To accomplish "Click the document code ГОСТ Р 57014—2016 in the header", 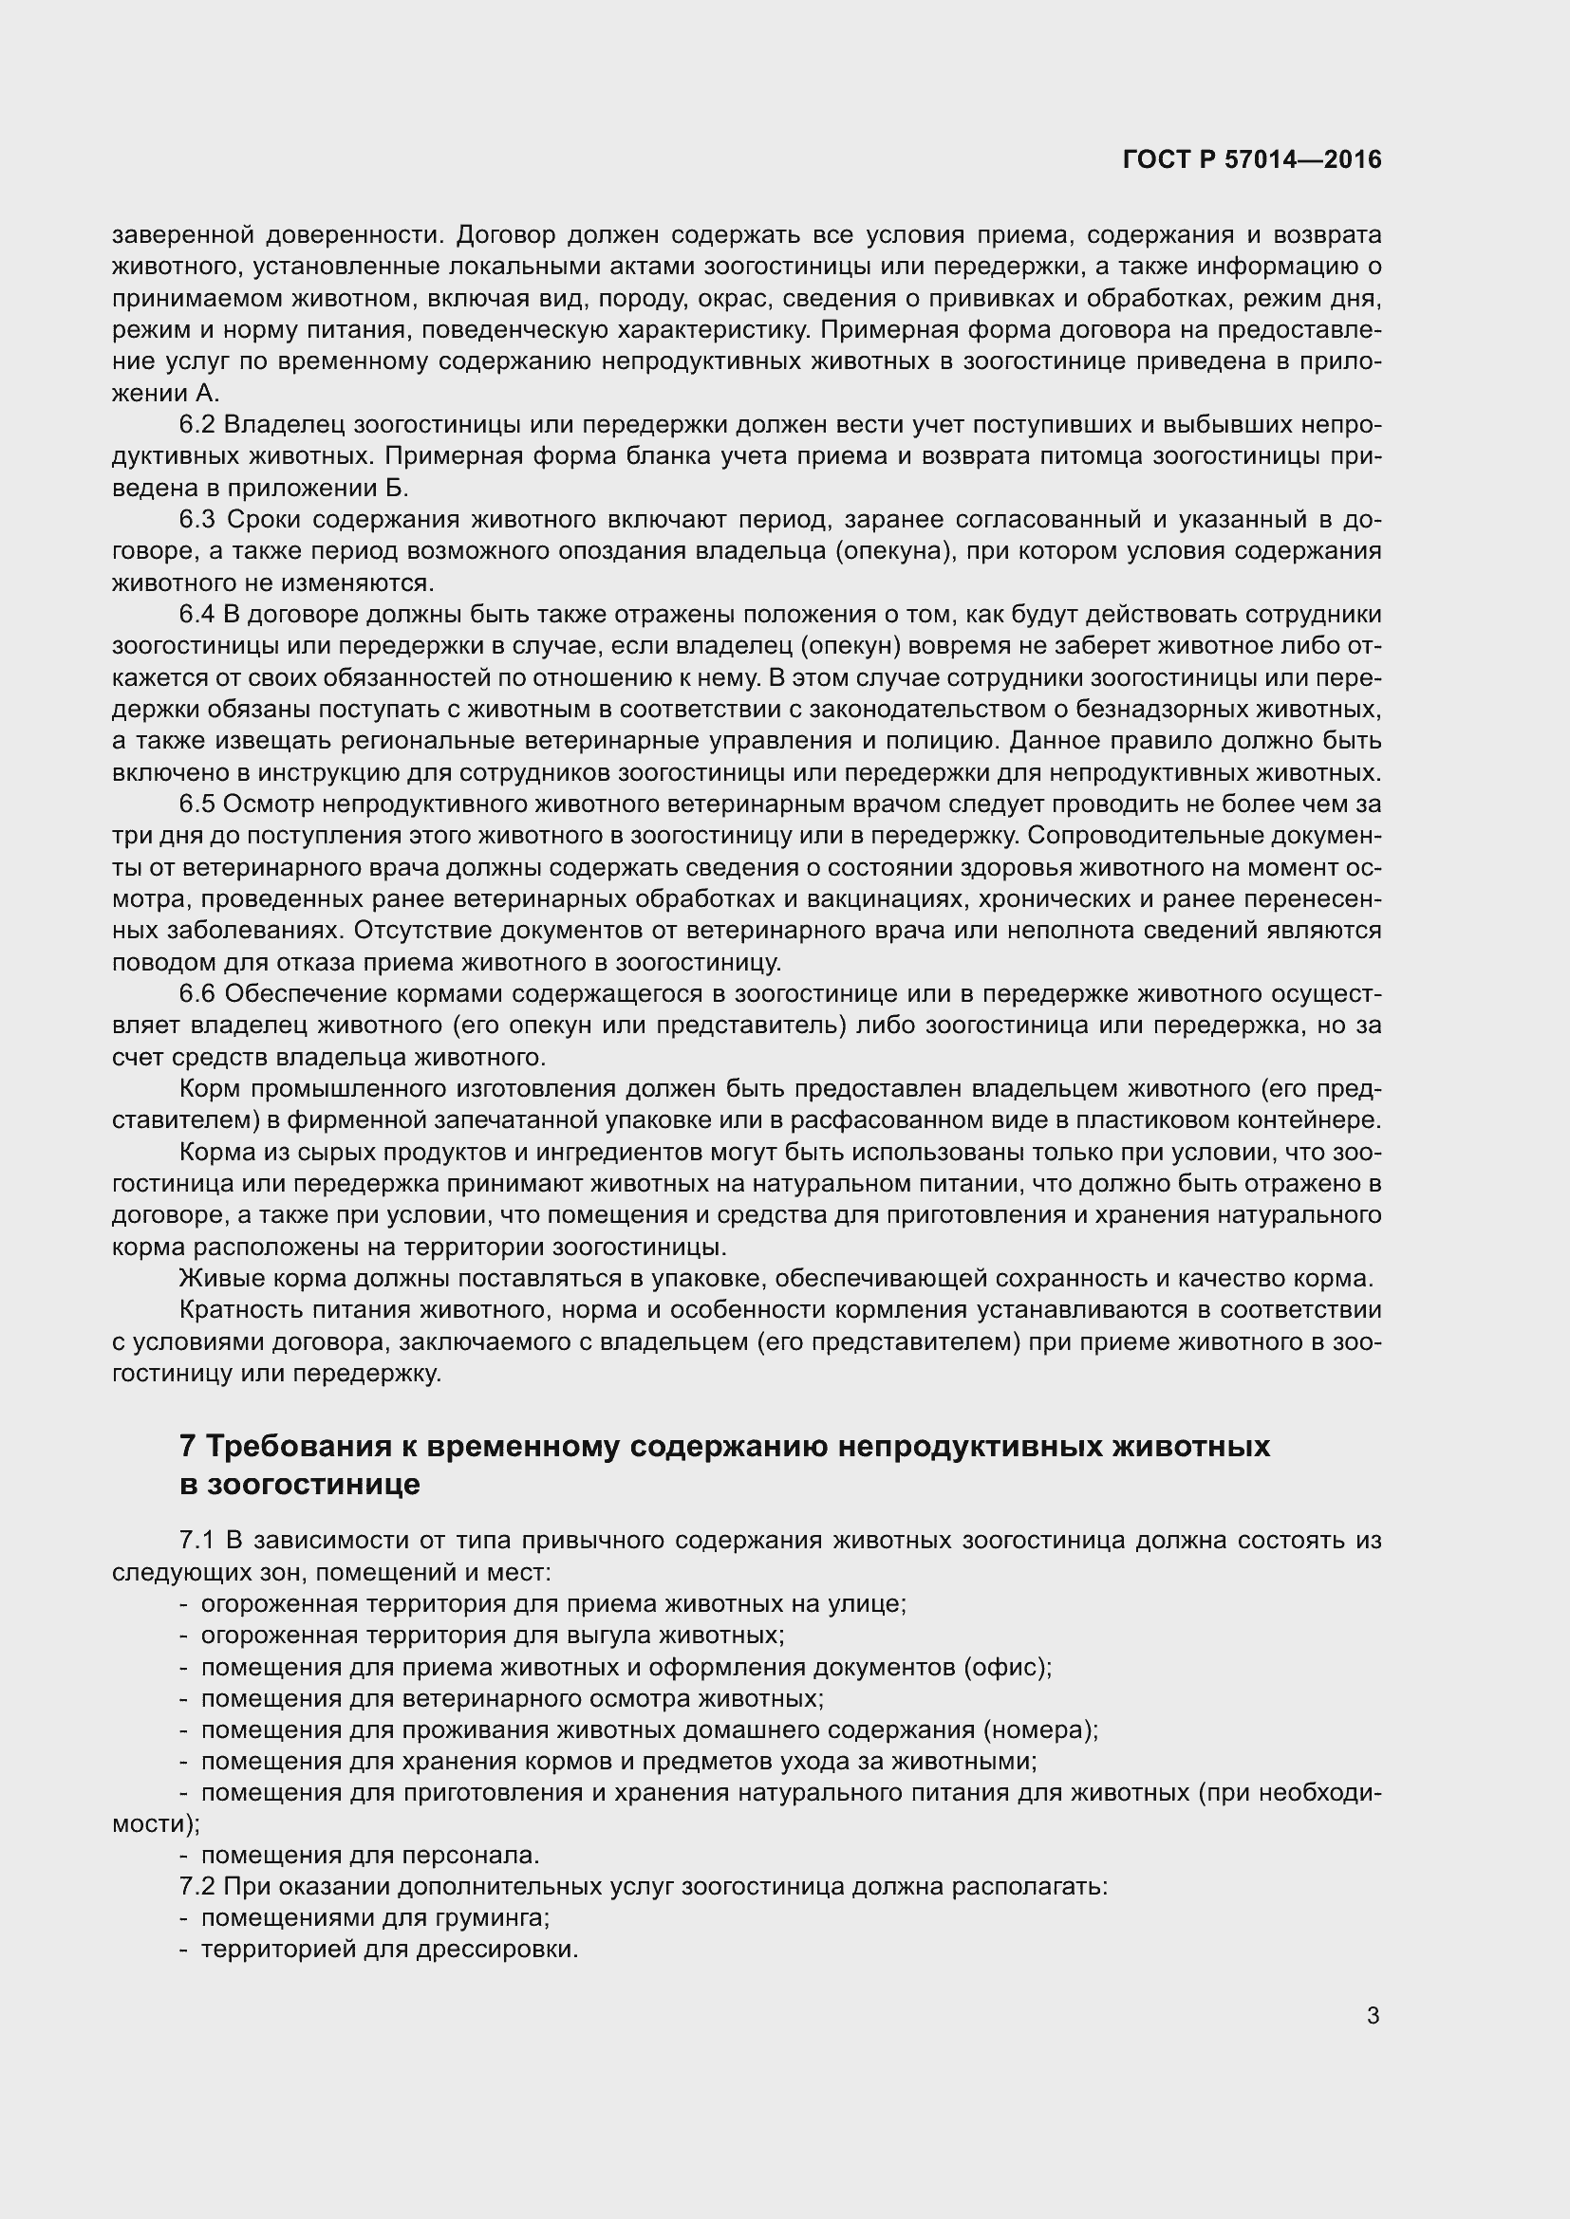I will point(1252,159).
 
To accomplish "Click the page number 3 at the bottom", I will point(1373,2016).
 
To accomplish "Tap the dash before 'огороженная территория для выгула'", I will point(184,1636).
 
